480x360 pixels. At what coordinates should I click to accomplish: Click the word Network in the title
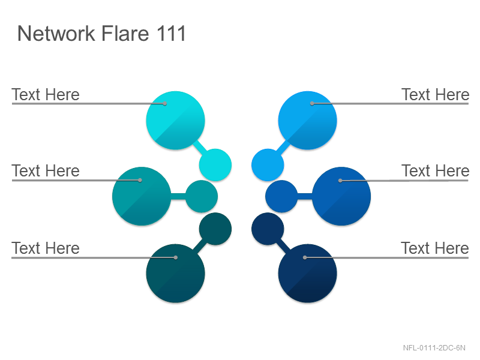pyautogui.click(x=56, y=33)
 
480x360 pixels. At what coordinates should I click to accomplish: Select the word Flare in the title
pyautogui.click(x=125, y=33)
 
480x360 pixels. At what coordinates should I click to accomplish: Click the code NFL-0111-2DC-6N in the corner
pyautogui.click(x=434, y=348)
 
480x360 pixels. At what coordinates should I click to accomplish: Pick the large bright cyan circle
pyautogui.click(x=175, y=121)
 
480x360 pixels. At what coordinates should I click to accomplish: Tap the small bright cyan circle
pyautogui.click(x=215, y=164)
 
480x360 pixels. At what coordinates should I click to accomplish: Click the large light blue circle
pyautogui.click(x=307, y=121)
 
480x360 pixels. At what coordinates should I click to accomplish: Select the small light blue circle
pyautogui.click(x=268, y=164)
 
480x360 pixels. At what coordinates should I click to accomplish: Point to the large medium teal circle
pyautogui.click(x=142, y=196)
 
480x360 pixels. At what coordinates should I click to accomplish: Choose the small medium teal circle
pyautogui.click(x=202, y=196)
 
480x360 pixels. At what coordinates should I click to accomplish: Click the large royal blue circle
pyautogui.click(x=341, y=196)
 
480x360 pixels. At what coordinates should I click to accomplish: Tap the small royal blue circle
pyautogui.click(x=281, y=196)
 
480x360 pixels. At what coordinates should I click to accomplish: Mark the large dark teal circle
pyautogui.click(x=175, y=274)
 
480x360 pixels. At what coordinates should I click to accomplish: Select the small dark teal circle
pyautogui.click(x=215, y=229)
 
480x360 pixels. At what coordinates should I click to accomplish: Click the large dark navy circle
pyautogui.click(x=307, y=274)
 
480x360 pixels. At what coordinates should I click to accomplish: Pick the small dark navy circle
pyautogui.click(x=268, y=229)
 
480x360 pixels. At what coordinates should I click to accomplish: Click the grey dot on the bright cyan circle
pyautogui.click(x=164, y=103)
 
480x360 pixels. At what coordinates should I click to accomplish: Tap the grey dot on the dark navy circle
pyautogui.click(x=305, y=257)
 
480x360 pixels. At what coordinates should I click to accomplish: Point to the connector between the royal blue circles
pyautogui.click(x=305, y=196)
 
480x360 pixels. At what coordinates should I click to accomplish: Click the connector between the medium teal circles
pyautogui.click(x=178, y=196)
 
